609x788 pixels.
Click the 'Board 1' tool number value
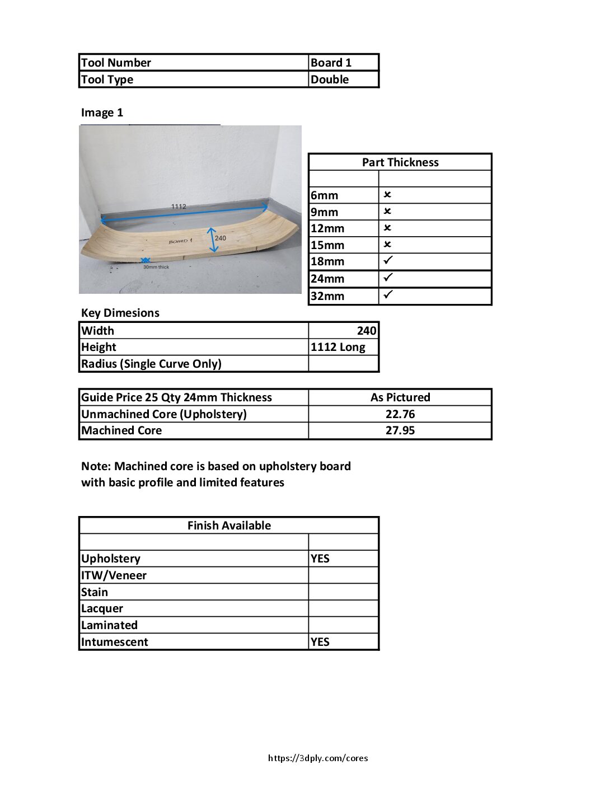tap(331, 63)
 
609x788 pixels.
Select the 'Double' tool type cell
tap(330, 79)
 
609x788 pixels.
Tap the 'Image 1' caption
tap(102, 112)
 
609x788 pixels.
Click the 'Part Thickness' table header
tap(400, 162)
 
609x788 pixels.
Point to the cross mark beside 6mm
tap(387, 195)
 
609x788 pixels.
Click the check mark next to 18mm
tap(388, 261)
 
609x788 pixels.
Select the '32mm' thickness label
tap(327, 296)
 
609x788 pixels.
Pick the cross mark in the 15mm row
tap(387, 245)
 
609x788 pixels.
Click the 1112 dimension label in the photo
tap(179, 207)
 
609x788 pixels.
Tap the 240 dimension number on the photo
tap(221, 238)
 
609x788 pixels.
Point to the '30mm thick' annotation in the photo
tap(156, 267)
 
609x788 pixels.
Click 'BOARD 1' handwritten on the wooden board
tap(180, 241)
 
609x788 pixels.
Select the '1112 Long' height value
tap(338, 347)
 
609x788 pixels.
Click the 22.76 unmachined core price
tap(400, 414)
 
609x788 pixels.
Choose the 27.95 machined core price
tap(400, 430)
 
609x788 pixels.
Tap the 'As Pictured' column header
tap(400, 397)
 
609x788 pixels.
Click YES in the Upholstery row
tap(320, 559)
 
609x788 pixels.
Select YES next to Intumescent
tap(320, 642)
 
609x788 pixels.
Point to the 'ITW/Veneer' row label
tap(114, 575)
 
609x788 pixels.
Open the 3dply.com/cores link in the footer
tap(318, 758)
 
